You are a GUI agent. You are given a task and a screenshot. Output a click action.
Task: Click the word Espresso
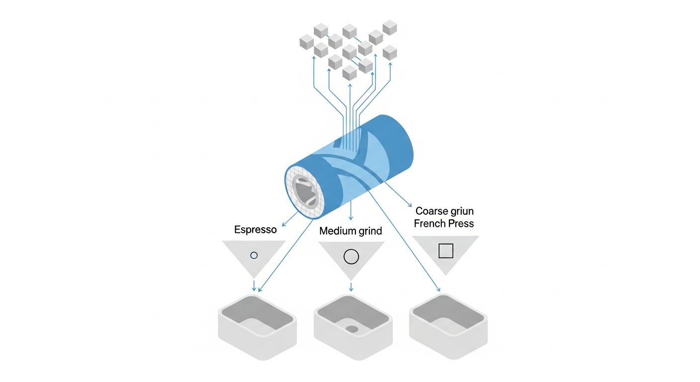pyautogui.click(x=256, y=230)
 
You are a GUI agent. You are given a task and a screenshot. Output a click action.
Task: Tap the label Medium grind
pyautogui.click(x=350, y=231)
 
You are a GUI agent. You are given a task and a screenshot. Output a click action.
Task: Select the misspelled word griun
pyautogui.click(x=461, y=211)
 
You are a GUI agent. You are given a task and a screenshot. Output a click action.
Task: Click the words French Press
pyautogui.click(x=444, y=223)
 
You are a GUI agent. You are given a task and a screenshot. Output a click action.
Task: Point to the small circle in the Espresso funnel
pyautogui.click(x=254, y=255)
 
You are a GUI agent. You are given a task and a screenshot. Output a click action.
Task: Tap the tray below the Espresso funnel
pyautogui.click(x=257, y=327)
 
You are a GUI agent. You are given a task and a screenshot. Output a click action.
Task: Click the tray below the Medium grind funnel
pyautogui.click(x=353, y=327)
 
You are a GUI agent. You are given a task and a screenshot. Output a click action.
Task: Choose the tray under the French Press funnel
pyautogui.click(x=448, y=326)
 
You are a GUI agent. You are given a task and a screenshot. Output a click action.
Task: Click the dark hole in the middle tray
pyautogui.click(x=352, y=329)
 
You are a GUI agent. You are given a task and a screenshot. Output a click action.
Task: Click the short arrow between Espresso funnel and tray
pyautogui.click(x=254, y=286)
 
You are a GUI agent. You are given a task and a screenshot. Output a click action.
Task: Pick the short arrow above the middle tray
pyautogui.click(x=351, y=286)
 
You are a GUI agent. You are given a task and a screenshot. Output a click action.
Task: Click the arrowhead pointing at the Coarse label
pyautogui.click(x=410, y=205)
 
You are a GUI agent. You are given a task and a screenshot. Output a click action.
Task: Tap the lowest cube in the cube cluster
pyautogui.click(x=350, y=73)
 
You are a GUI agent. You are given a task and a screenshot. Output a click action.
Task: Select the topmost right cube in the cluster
pyautogui.click(x=390, y=27)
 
